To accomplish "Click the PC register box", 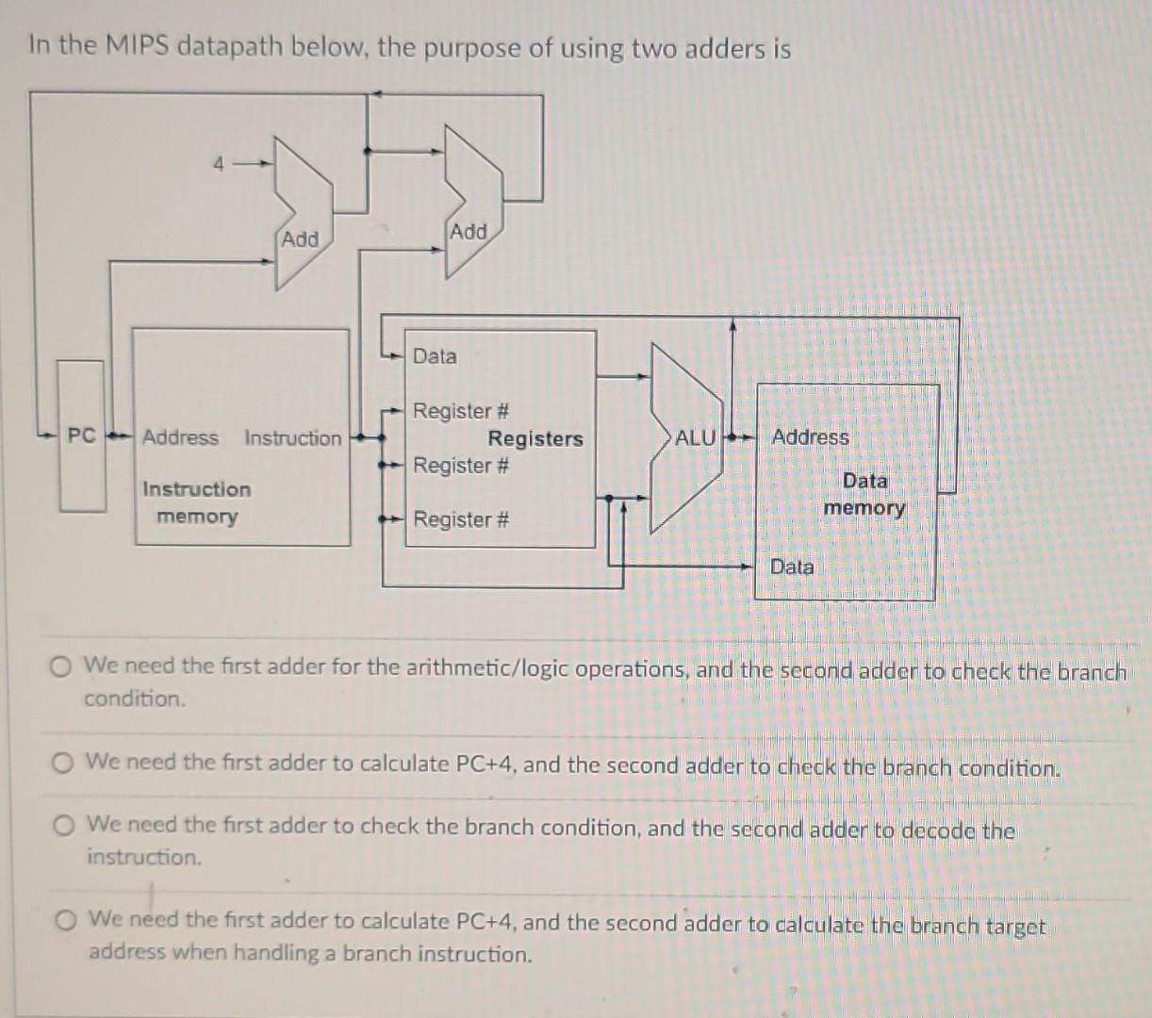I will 81,436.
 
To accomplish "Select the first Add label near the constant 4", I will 300,239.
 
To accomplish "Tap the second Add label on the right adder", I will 469,232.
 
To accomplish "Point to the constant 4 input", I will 218,164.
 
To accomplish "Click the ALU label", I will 696,437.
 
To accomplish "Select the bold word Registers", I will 535,438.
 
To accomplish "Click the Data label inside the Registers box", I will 435,356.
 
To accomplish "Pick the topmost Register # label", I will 461,411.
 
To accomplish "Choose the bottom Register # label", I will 461,519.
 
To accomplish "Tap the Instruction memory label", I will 196,502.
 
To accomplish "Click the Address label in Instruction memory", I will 180,437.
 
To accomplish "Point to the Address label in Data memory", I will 810,437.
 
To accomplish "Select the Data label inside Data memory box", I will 792,566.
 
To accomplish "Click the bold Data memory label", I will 864,494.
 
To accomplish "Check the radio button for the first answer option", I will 62,667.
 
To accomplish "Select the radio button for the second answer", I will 63,763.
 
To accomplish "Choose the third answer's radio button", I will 63,826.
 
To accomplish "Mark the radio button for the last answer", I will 65,920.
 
